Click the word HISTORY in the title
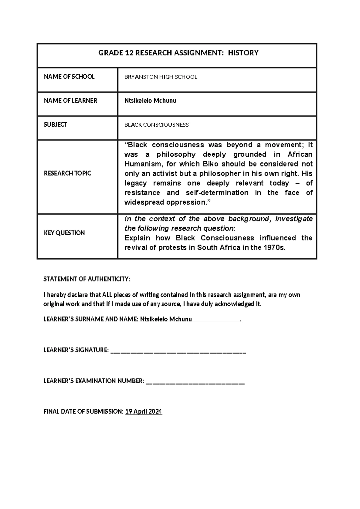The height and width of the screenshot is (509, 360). tap(243, 53)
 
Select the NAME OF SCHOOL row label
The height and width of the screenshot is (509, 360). tap(69, 77)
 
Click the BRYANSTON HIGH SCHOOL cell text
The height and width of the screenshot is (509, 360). tap(161, 77)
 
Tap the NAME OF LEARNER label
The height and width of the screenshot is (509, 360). tap(70, 101)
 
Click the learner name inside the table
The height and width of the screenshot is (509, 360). tap(150, 101)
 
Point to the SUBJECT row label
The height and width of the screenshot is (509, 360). tap(55, 125)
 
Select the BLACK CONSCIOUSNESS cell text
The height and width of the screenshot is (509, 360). tap(157, 125)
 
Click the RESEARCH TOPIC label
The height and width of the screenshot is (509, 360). tap(67, 173)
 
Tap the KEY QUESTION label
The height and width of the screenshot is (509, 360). tap(64, 233)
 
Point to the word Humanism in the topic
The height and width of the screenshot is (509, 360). tap(143, 164)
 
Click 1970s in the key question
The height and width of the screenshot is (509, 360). tap(274, 248)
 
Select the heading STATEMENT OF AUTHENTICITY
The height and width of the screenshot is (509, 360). tap(87, 279)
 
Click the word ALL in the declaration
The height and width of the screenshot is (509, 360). tap(107, 295)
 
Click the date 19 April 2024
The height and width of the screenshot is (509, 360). tap(144, 411)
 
